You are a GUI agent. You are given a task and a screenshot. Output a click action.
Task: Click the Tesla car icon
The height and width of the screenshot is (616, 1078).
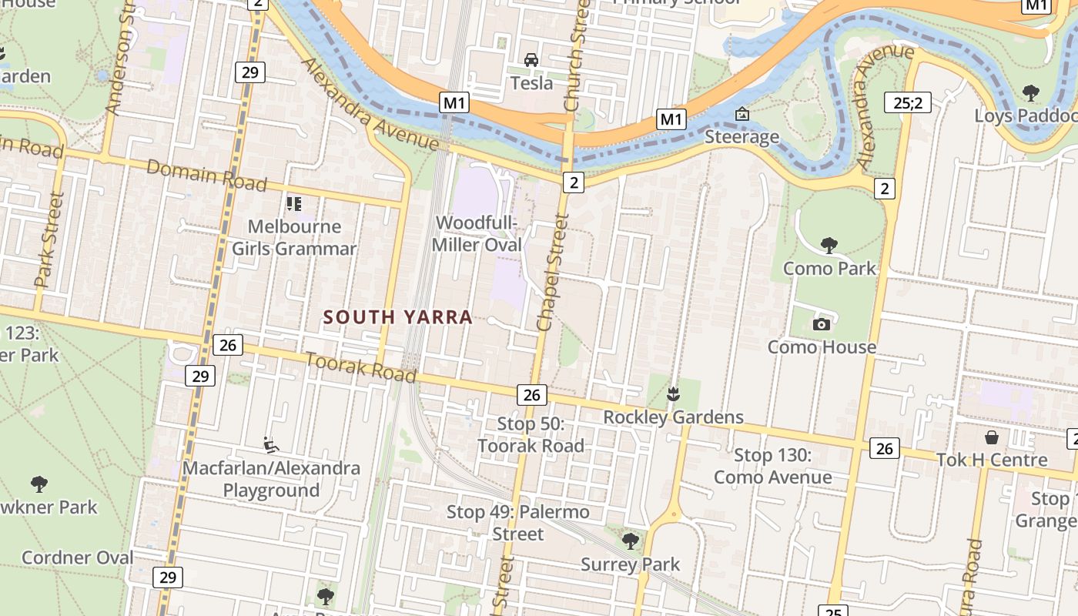531,60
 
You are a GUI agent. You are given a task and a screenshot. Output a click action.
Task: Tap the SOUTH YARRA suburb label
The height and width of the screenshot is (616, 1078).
397,317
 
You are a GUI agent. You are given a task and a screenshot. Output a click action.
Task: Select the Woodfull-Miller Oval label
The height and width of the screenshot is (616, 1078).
477,234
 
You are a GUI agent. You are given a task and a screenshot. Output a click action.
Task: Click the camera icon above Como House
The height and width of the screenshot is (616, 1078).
822,324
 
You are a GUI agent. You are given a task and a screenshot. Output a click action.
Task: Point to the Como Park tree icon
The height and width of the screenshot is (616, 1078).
829,246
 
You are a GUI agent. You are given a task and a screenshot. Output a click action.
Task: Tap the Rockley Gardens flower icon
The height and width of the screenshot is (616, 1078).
674,394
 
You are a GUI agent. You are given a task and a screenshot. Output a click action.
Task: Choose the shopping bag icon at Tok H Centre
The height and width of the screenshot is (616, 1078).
992,437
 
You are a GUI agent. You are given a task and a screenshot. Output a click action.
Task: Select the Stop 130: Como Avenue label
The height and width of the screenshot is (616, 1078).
772,466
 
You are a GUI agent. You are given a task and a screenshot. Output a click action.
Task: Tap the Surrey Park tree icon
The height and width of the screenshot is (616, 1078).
631,541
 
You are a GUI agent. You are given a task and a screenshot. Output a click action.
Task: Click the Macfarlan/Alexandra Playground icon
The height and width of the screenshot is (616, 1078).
270,445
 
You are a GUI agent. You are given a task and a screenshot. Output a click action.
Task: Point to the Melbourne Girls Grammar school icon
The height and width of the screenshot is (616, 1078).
294,204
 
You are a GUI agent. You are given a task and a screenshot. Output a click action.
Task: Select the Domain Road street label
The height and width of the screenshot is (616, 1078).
206,176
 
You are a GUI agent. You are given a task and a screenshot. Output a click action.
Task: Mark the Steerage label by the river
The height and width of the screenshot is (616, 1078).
742,137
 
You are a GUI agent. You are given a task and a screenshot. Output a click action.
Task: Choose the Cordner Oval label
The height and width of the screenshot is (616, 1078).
77,557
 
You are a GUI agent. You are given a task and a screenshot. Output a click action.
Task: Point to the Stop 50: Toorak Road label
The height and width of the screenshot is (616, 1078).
531,434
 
